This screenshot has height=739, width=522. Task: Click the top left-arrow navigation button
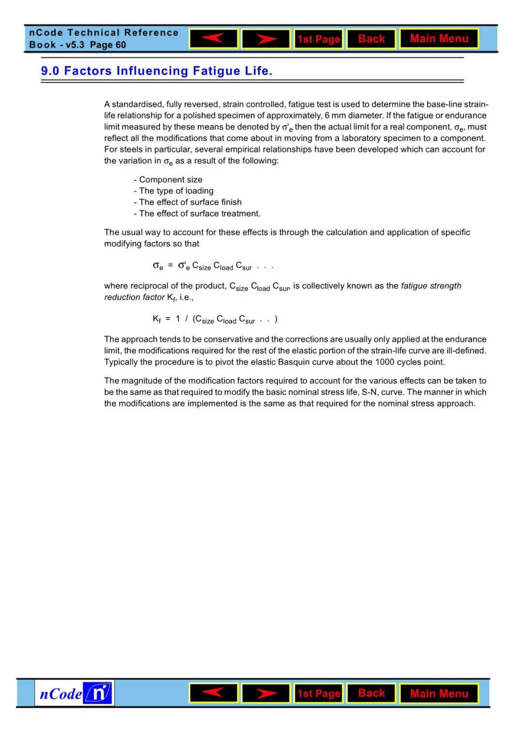tap(214, 39)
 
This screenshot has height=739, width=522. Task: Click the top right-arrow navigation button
tap(266, 39)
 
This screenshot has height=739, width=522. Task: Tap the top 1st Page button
tap(319, 39)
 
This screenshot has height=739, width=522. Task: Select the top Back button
tap(371, 39)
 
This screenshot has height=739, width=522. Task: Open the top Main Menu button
tap(439, 39)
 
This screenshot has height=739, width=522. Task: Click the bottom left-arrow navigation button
tap(214, 693)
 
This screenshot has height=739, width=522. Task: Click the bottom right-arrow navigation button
tap(266, 693)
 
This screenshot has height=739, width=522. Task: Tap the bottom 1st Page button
tap(319, 694)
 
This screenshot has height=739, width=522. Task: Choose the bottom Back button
tap(371, 693)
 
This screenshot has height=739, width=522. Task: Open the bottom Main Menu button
tap(439, 694)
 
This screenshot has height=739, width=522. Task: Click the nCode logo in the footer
tap(74, 693)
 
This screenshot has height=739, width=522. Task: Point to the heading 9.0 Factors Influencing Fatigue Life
tap(157, 71)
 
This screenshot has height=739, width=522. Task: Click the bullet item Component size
tap(170, 180)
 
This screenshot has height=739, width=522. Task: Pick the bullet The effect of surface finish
tap(190, 202)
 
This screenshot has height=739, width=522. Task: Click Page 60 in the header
tap(108, 45)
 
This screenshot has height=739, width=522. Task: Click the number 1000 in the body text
tap(384, 362)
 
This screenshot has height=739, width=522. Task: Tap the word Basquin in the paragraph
tap(294, 362)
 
